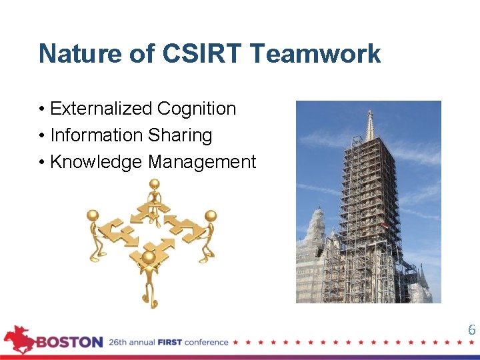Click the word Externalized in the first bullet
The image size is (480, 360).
(101, 109)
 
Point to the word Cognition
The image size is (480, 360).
(197, 109)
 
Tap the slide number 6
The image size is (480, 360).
(471, 330)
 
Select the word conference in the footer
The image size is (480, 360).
(207, 343)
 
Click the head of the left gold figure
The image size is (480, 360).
(93, 215)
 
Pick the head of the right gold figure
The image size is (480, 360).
(211, 216)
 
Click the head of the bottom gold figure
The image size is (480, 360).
(149, 257)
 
